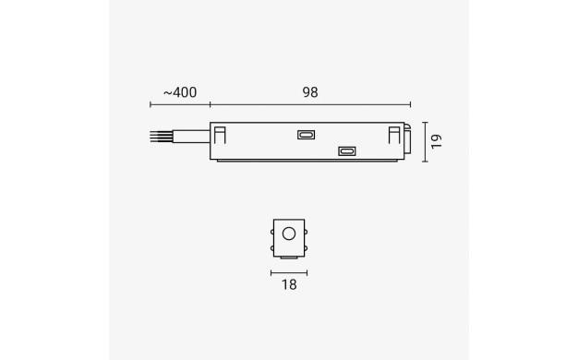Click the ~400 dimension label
click(180, 92)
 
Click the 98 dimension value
click(310, 92)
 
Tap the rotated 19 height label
click(436, 141)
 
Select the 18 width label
click(289, 285)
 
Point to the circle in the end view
click(289, 234)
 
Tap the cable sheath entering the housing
click(191, 137)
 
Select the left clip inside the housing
click(220, 135)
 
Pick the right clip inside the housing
click(394, 135)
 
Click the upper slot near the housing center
click(306, 135)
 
